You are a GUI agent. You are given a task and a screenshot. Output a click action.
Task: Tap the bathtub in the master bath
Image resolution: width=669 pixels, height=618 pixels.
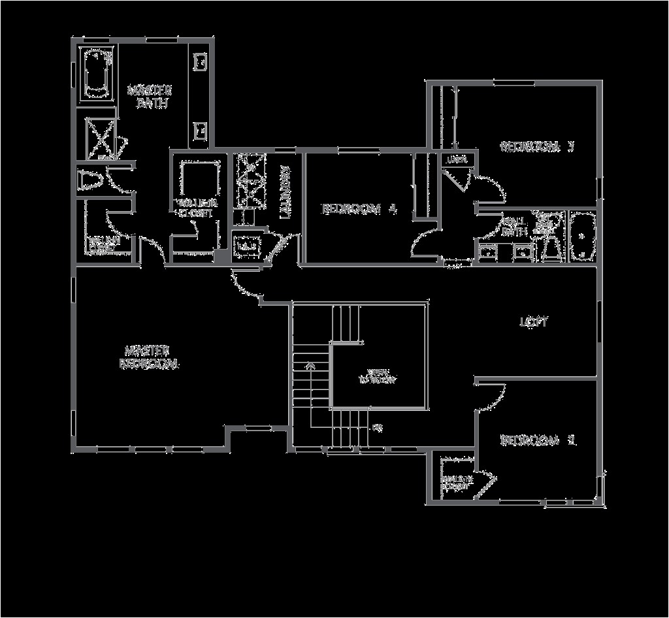[97, 73]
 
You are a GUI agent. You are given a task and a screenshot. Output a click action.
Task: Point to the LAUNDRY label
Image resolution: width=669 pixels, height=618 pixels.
[285, 191]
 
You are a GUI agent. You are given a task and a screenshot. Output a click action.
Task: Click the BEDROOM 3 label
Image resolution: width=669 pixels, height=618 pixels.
[536, 146]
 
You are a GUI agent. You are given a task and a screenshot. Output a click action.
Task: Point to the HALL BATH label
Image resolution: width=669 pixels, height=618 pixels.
[514, 227]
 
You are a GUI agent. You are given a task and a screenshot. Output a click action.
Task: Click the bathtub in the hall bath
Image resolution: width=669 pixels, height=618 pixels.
[581, 236]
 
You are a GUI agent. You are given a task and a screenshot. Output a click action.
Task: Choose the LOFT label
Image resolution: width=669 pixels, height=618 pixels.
[534, 322]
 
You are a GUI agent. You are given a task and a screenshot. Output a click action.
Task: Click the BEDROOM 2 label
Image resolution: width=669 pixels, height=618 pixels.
[538, 441]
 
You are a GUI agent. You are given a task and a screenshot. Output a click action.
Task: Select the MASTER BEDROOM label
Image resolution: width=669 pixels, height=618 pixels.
[149, 357]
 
